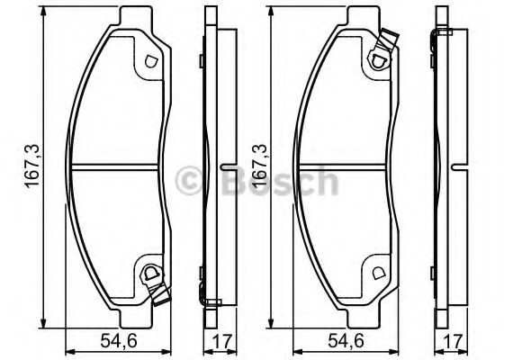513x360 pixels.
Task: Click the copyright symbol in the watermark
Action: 191,182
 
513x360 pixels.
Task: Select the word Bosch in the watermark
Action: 274,182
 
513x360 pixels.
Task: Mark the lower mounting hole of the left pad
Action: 149,274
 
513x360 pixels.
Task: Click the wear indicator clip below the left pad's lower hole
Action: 161,292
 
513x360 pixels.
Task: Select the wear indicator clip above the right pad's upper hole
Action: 389,41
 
